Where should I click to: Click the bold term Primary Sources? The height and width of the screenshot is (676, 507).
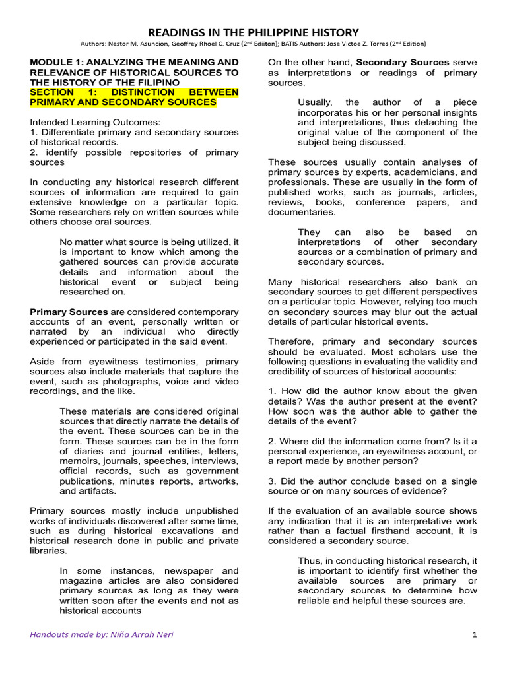point(69,311)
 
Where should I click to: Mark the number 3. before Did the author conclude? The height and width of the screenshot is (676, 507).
point(272,481)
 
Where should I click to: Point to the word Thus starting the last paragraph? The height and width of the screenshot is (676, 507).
point(310,560)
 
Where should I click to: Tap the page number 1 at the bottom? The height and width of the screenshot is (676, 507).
point(474,635)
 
